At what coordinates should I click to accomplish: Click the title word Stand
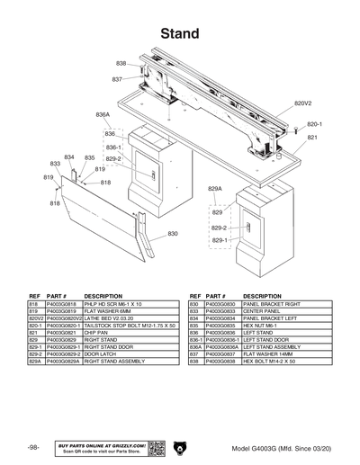(x=179, y=33)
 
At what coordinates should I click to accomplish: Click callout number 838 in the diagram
(x=121, y=63)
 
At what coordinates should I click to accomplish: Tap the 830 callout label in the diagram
(x=173, y=234)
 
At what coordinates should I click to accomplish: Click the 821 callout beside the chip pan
(x=312, y=138)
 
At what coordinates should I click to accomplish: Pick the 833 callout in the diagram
(x=55, y=164)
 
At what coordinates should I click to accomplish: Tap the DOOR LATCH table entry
(x=99, y=353)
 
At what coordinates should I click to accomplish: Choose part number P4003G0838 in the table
(x=221, y=361)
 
